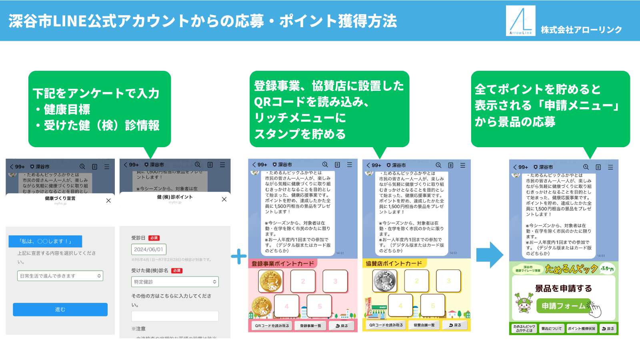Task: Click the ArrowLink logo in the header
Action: coord(520,21)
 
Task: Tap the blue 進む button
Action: coord(60,310)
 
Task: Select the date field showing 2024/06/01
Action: coord(148,250)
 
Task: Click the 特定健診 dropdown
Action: coord(175,282)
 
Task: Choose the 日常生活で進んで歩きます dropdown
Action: coord(60,276)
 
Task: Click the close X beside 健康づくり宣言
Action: coord(108,200)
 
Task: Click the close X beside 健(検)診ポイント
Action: coord(224,199)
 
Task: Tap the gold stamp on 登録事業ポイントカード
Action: coord(270,281)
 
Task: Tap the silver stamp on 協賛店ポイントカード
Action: coord(384,281)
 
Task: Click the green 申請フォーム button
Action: coord(564,306)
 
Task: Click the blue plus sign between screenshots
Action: coord(239,256)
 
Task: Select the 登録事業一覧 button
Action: coord(310,326)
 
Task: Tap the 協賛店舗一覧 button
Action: coord(424,325)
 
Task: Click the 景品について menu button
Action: coord(551,329)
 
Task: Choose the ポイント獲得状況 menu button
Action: coord(582,329)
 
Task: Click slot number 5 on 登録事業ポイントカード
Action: coord(320,306)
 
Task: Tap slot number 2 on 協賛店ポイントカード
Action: coord(416,281)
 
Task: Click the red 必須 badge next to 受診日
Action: coord(154,238)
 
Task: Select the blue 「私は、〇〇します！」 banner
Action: coord(45,241)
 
